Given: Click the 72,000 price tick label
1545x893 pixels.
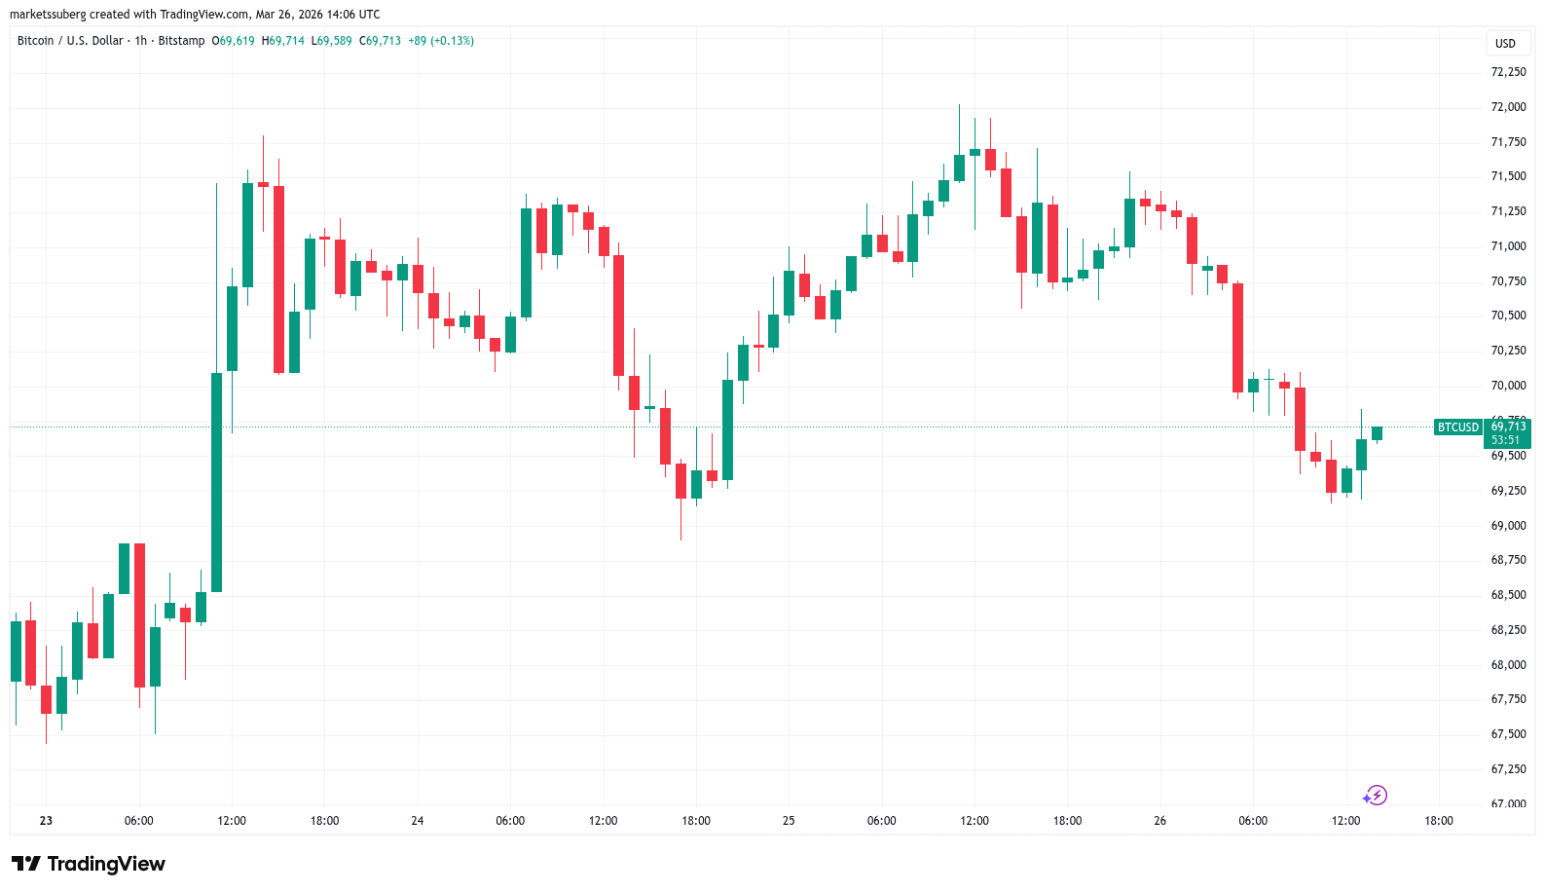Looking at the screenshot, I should [1508, 107].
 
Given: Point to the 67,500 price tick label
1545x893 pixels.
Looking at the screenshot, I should [1508, 734].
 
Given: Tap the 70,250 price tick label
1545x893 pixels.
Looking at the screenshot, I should [1508, 351].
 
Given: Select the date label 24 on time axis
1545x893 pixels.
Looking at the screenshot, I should [417, 821].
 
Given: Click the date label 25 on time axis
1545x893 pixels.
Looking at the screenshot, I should [789, 821].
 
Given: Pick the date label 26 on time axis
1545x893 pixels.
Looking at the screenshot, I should [1159, 821].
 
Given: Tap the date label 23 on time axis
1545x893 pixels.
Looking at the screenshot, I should [46, 821].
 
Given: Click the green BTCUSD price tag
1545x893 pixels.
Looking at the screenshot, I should [1457, 428].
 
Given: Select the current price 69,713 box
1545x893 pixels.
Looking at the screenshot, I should [1507, 432].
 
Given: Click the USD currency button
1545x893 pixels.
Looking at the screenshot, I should [1505, 43].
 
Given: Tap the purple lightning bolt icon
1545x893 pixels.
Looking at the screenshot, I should [1375, 796].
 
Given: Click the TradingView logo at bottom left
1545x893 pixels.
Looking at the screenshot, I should [89, 864].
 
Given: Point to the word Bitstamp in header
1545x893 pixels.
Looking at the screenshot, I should [181, 41].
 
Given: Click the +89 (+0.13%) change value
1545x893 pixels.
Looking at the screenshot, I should [440, 41].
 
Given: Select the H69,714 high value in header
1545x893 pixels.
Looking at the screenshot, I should [282, 41].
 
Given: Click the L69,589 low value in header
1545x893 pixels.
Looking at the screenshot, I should [331, 41].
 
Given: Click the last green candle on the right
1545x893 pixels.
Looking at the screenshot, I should [1377, 433].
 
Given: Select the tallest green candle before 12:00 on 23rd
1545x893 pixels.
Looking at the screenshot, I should [216, 482].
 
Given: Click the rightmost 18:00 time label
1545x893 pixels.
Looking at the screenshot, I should [1438, 821].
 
